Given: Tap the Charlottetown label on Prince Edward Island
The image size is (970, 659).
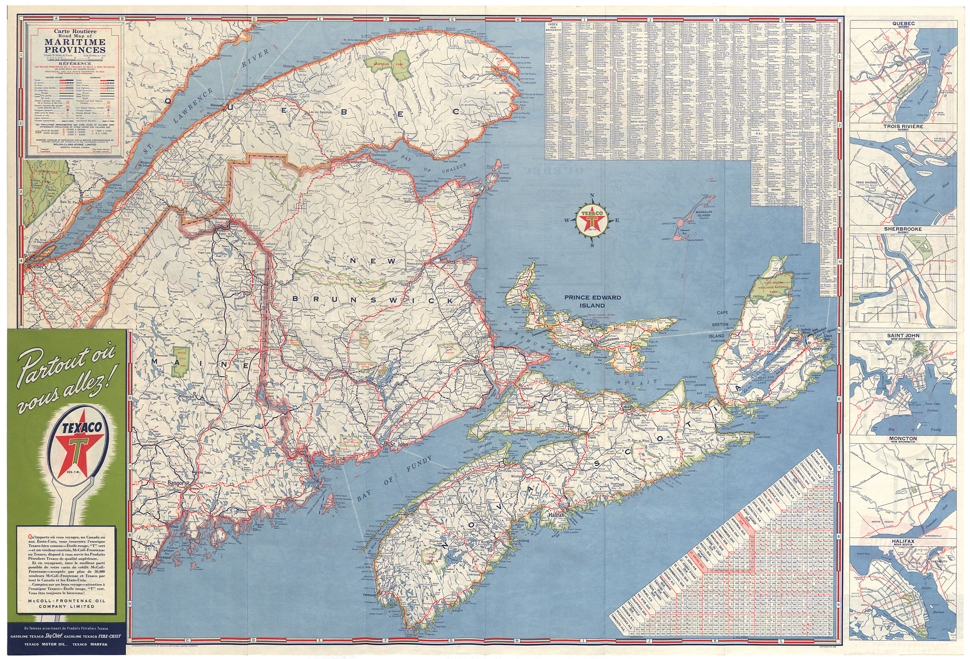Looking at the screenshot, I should click(610, 340).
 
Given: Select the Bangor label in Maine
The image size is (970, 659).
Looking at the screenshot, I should click(176, 483).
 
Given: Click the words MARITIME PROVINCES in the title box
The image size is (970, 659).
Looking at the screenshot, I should click(75, 45).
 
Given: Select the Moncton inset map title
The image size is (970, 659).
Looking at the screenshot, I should click(903, 438).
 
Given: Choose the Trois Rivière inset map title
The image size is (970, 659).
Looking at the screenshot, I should click(903, 126).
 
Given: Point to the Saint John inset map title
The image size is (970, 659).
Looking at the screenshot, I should click(903, 335).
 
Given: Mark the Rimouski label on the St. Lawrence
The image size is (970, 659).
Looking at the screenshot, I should click(218, 105).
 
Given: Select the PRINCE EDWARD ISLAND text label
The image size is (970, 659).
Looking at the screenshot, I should click(592, 301).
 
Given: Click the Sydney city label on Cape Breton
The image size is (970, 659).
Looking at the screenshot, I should click(815, 348).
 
